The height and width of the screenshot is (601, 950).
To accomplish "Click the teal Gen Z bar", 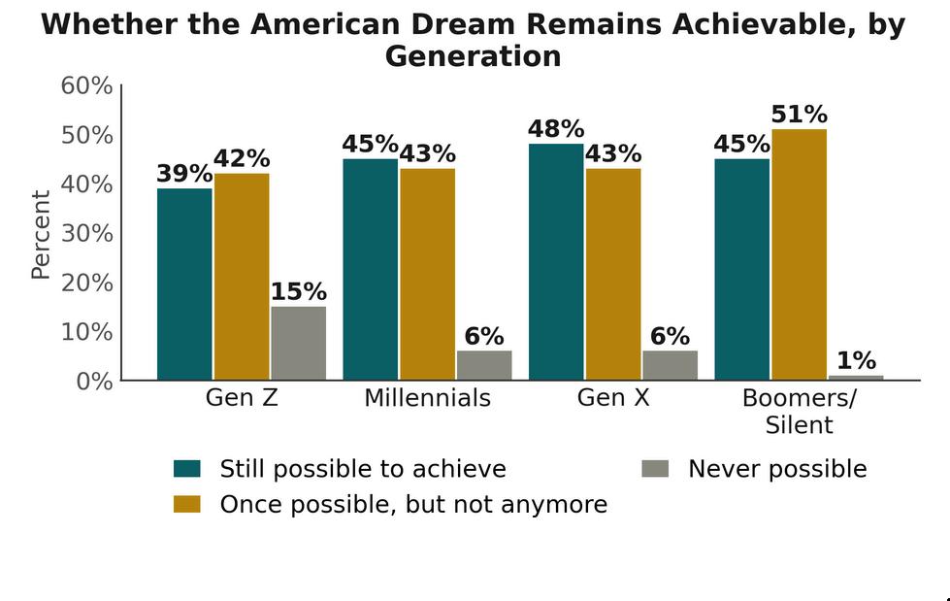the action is [x=184, y=284].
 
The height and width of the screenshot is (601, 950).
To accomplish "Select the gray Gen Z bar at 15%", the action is [x=299, y=344].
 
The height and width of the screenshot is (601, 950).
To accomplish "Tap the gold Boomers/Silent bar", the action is [x=800, y=254].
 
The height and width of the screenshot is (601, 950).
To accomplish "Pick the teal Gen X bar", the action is [x=556, y=262].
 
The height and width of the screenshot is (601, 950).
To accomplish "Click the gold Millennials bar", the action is [x=428, y=274].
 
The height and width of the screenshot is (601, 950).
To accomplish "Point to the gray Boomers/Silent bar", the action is [x=856, y=378].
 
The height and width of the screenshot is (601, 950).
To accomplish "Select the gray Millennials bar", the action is [x=484, y=365].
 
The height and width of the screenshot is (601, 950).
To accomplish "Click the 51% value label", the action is [x=800, y=114].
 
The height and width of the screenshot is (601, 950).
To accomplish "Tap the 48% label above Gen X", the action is [x=556, y=128].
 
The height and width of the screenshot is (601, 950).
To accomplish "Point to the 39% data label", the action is [x=184, y=174].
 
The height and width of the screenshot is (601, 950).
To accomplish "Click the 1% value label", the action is [x=856, y=361].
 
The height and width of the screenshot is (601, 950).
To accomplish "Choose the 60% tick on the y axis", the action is [x=86, y=85].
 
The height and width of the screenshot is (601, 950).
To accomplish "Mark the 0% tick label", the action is [x=94, y=382].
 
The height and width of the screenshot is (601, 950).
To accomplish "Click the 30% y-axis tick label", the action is [x=86, y=233].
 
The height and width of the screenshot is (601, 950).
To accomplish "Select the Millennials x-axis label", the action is [x=428, y=398].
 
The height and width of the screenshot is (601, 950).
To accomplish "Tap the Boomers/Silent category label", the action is [x=800, y=411].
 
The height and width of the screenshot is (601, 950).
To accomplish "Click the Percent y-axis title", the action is [x=41, y=235].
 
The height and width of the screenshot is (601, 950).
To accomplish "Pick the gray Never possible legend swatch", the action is [x=655, y=469].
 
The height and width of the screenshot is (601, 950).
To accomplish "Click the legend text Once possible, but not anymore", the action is [x=413, y=505].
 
